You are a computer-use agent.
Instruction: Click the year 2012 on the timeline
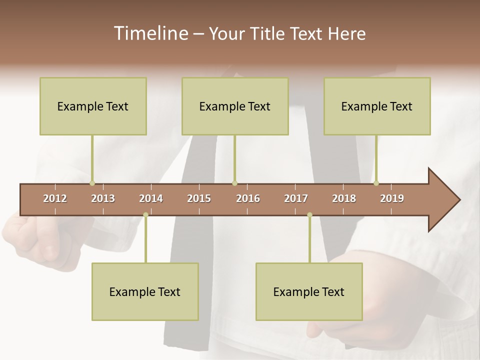point(55,198)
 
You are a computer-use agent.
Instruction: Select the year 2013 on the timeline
point(103,198)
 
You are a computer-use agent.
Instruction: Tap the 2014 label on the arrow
point(151,198)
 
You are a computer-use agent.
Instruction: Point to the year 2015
point(199,198)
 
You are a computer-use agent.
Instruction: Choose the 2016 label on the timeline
point(248,198)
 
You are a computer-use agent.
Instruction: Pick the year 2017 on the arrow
point(296,198)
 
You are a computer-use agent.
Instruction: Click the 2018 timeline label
point(344,198)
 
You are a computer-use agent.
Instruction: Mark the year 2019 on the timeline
point(392,198)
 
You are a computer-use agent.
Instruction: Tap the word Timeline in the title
point(150,33)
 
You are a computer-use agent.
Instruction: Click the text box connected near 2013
point(93,106)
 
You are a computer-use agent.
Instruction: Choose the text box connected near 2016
point(235,106)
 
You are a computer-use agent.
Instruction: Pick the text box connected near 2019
point(377,106)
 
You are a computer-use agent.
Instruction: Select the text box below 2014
point(145,291)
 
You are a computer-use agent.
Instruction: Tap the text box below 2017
point(309,291)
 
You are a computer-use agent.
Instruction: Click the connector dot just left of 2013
point(92,183)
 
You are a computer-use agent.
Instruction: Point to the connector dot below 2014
point(145,215)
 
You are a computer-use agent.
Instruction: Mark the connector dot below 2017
point(309,215)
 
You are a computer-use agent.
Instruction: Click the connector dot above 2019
point(376,183)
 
